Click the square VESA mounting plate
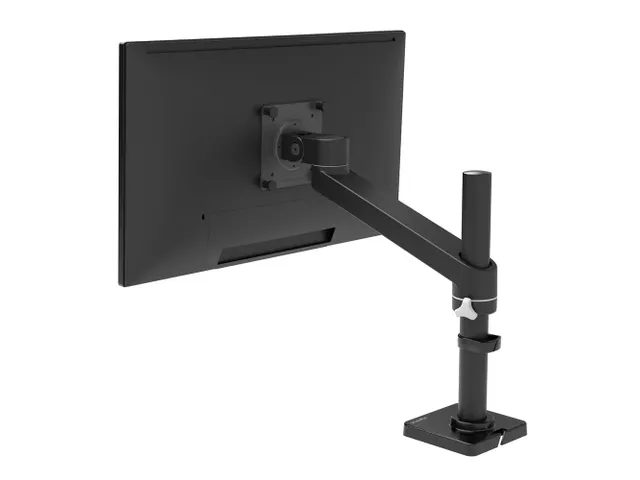[x=293, y=145]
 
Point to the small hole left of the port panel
[x=203, y=214]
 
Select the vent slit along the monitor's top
[x=260, y=39]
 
